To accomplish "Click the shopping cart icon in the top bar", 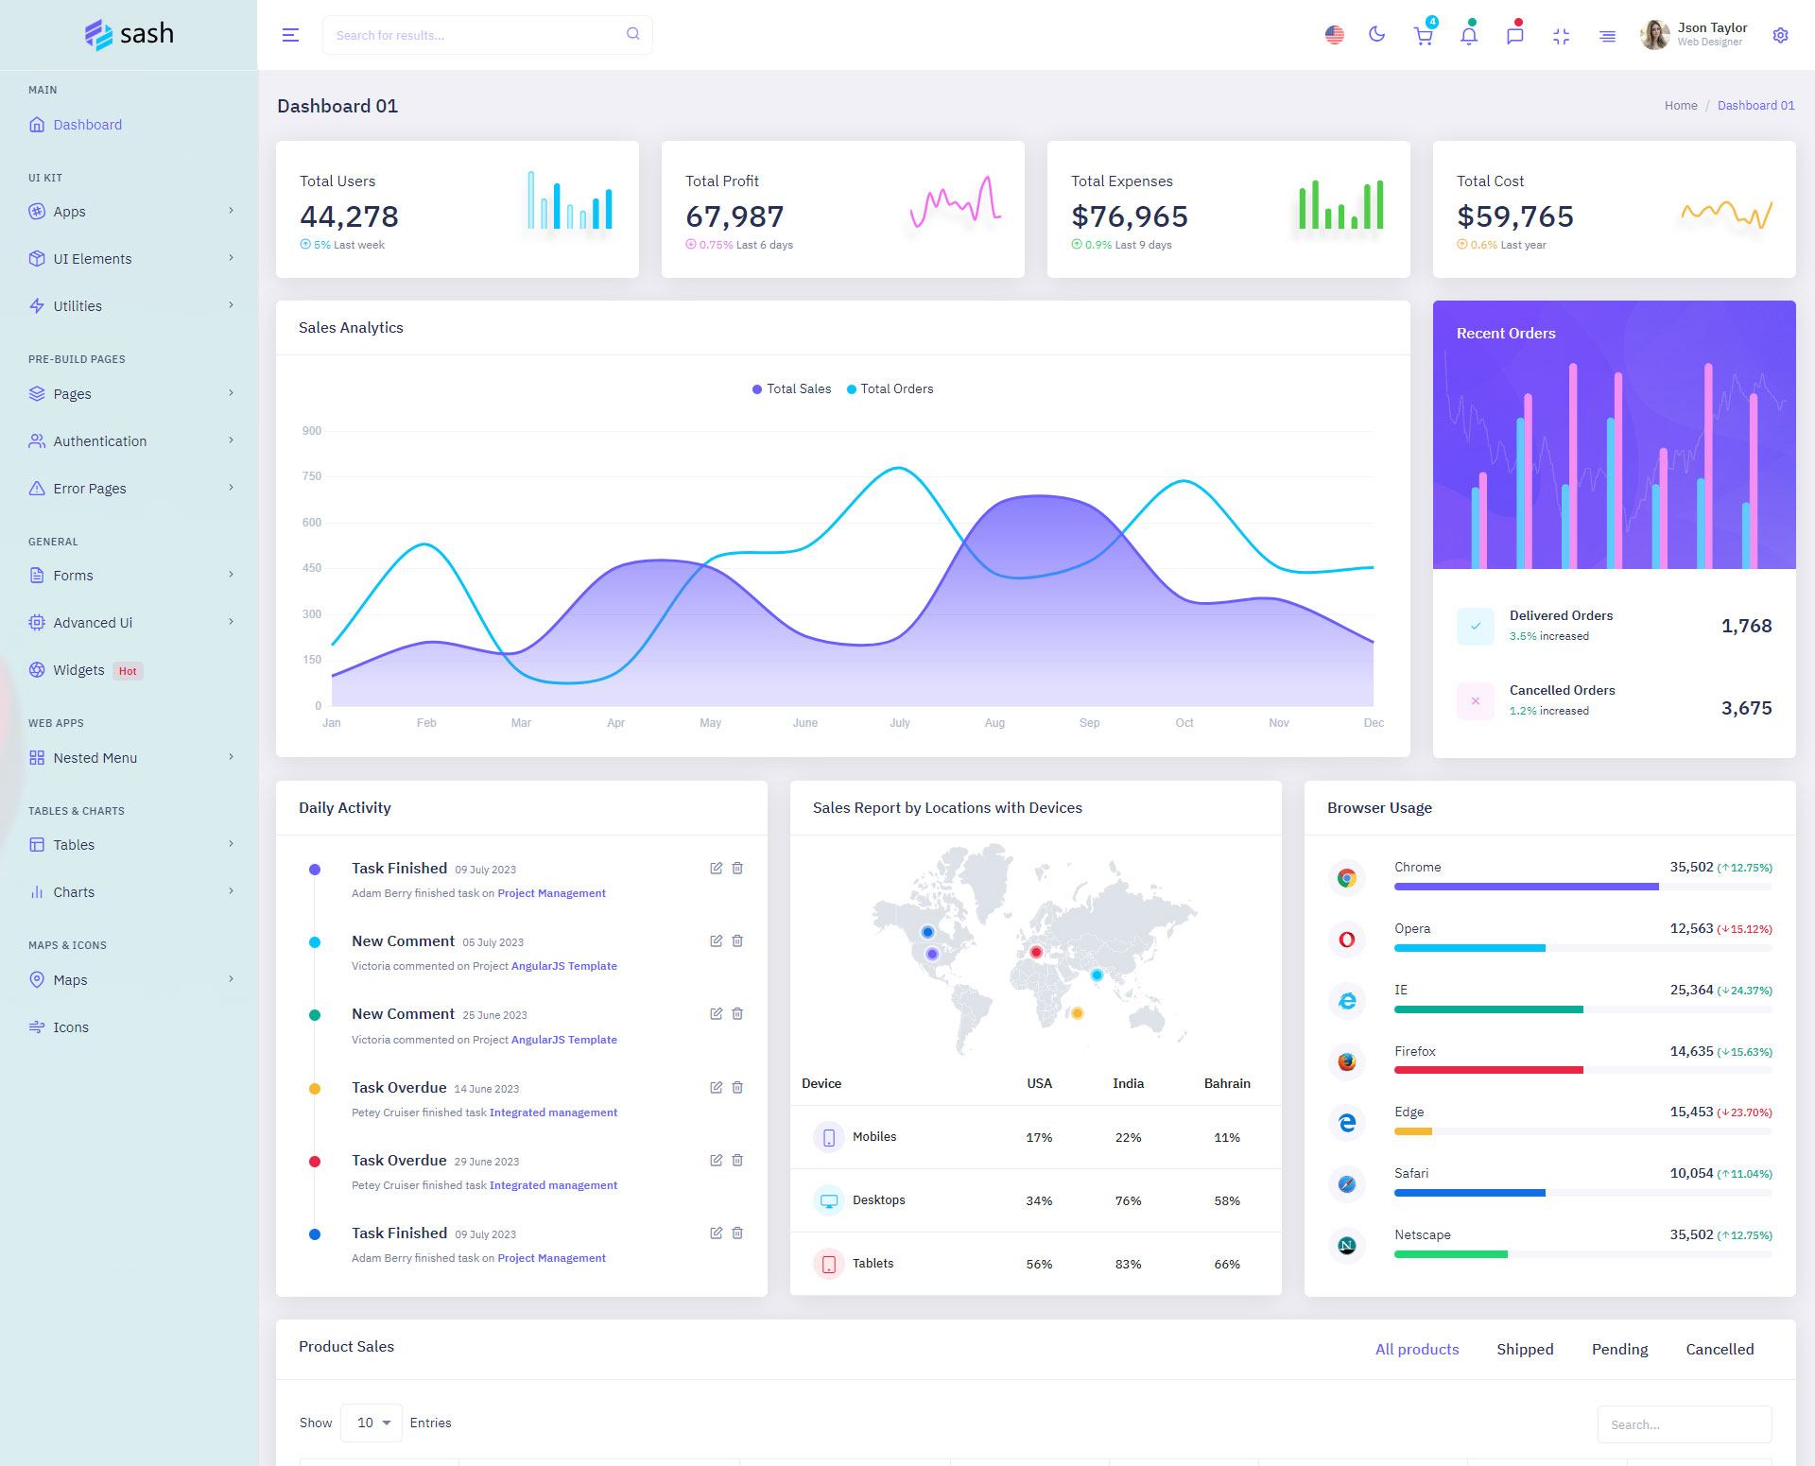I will click(x=1423, y=36).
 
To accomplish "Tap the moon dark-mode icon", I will click(x=1376, y=35).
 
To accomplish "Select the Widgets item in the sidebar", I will click(x=78, y=670).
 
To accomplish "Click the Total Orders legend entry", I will click(x=890, y=388).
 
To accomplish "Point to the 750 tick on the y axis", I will click(x=312, y=476).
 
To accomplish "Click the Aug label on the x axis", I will click(x=994, y=723).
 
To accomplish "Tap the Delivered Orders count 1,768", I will click(x=1746, y=626).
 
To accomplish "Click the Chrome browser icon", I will click(x=1347, y=878).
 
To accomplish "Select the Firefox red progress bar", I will click(x=1488, y=1070).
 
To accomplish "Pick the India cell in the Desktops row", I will click(x=1128, y=1200).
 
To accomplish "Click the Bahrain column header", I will click(x=1227, y=1083).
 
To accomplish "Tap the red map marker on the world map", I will click(x=1036, y=952).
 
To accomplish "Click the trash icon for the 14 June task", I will click(x=737, y=1088).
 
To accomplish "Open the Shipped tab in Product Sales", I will click(x=1525, y=1349).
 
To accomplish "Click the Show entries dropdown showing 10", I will click(x=372, y=1423).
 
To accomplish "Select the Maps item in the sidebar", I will click(x=70, y=980).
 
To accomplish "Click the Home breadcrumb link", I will click(x=1681, y=106).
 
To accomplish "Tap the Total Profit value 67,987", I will click(x=735, y=216).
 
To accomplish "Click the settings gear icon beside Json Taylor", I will click(x=1780, y=35).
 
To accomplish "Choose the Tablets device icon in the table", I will click(x=829, y=1264).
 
